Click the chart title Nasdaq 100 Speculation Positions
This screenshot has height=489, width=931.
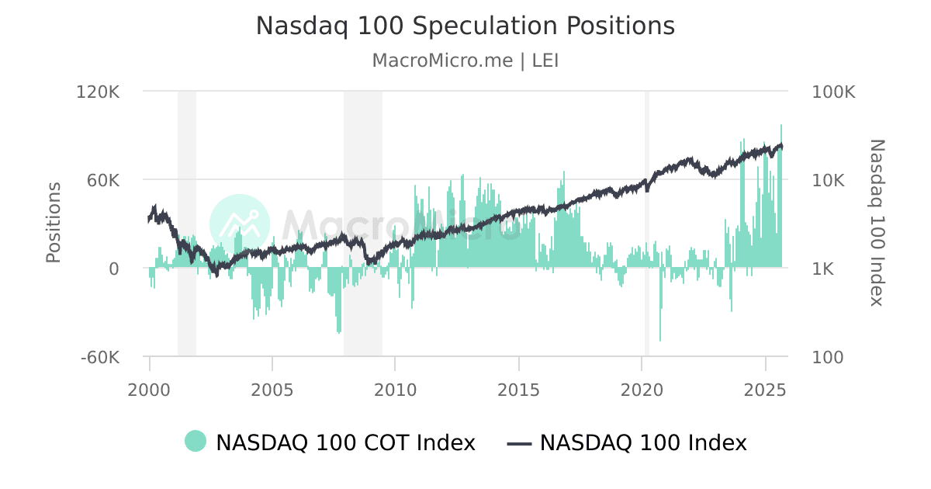pyautogui.click(x=465, y=26)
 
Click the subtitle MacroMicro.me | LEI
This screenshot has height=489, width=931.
pyautogui.click(x=465, y=61)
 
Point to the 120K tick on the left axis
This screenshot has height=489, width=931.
pyautogui.click(x=99, y=92)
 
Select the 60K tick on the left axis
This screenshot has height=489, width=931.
pyautogui.click(x=102, y=180)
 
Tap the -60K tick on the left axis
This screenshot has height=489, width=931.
pyautogui.click(x=100, y=358)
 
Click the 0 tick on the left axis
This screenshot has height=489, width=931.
pyautogui.click(x=114, y=269)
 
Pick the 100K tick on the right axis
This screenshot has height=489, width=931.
pyautogui.click(x=833, y=92)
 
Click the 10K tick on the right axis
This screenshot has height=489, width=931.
pyautogui.click(x=829, y=180)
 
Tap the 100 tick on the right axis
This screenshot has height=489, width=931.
pyautogui.click(x=828, y=358)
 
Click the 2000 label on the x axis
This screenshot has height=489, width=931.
pyautogui.click(x=149, y=389)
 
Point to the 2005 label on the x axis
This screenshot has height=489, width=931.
pyautogui.click(x=272, y=389)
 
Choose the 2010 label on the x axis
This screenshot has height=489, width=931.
pyautogui.click(x=396, y=389)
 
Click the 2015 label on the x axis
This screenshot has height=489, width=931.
pyautogui.click(x=518, y=389)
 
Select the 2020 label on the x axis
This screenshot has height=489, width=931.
pyautogui.click(x=642, y=389)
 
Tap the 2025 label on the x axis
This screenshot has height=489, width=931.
pyautogui.click(x=765, y=389)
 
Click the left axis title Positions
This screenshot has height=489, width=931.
pyautogui.click(x=53, y=223)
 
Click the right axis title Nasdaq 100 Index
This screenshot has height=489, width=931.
pyautogui.click(x=876, y=223)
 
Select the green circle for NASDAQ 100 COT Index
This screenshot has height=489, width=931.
pyautogui.click(x=196, y=442)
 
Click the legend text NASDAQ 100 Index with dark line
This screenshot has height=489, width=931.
pyautogui.click(x=642, y=442)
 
